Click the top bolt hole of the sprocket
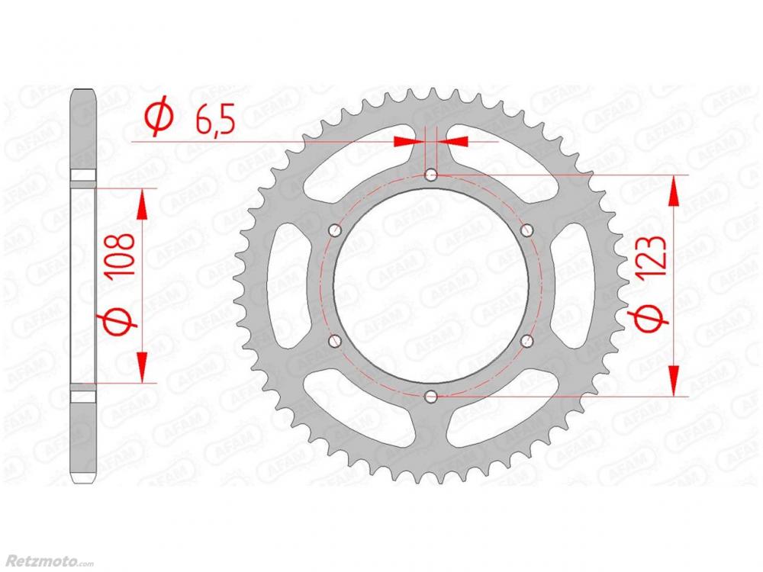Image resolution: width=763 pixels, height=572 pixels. [430, 175]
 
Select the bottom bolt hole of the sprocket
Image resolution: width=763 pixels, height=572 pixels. [430, 397]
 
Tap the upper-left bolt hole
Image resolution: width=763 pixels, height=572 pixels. [335, 230]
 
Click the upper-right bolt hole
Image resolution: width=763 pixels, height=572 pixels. [526, 230]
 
